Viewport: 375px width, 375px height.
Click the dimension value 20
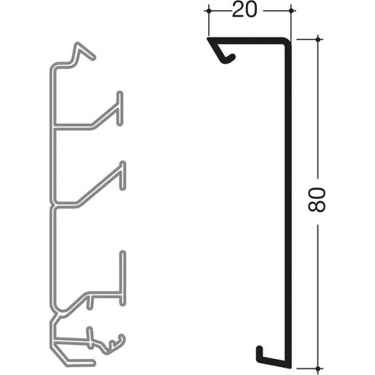tap(245, 10)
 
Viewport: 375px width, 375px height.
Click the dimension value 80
tap(317, 199)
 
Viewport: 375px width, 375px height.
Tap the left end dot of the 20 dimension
tap(209, 10)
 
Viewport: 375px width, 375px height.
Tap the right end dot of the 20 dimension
tap(291, 10)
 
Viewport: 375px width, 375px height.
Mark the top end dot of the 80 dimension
tap(318, 39)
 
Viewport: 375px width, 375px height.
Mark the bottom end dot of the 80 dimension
tap(318, 369)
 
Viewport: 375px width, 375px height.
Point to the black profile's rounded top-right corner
tap(288, 41)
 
